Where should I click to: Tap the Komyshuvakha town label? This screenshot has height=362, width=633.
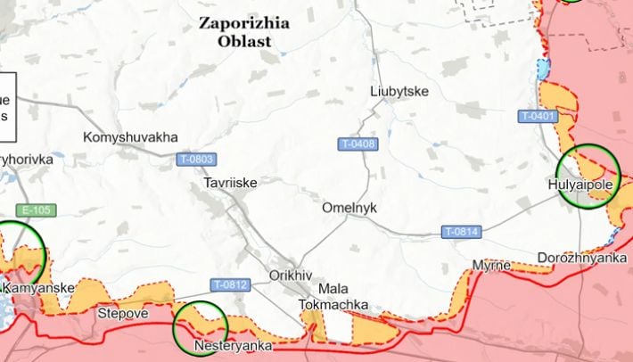pyautogui.click(x=130, y=137)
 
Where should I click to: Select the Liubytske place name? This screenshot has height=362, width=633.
pyautogui.click(x=399, y=92)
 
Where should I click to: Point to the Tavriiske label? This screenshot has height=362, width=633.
pyautogui.click(x=230, y=182)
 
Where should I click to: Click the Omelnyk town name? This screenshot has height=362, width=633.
pyautogui.click(x=349, y=207)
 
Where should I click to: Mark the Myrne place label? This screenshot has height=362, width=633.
pyautogui.click(x=491, y=266)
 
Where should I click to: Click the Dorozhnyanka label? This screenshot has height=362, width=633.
pyautogui.click(x=582, y=258)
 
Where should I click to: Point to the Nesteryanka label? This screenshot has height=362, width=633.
pyautogui.click(x=233, y=346)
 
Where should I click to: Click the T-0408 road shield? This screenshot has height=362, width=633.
pyautogui.click(x=358, y=144)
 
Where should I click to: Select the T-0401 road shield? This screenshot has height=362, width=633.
pyautogui.click(x=538, y=116)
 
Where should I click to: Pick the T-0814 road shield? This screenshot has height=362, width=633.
pyautogui.click(x=462, y=233)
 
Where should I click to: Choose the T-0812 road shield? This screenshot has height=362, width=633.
pyautogui.click(x=230, y=285)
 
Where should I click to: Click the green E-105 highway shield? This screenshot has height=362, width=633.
pyautogui.click(x=37, y=210)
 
